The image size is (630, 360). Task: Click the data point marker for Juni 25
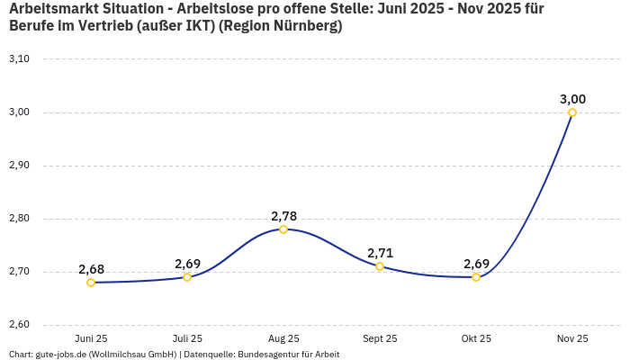(x=91, y=283)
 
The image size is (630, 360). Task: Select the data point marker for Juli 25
(x=187, y=277)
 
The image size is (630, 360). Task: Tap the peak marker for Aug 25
(x=283, y=229)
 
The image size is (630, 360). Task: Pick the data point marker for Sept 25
(x=380, y=266)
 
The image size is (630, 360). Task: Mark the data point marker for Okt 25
(x=476, y=277)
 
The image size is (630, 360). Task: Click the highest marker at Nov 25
(x=572, y=112)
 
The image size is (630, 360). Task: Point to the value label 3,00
(x=572, y=99)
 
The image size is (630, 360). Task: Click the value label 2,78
(x=283, y=216)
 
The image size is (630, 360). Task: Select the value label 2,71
(x=380, y=253)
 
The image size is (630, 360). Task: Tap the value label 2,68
(x=91, y=269)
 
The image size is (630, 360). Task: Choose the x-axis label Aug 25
(x=283, y=338)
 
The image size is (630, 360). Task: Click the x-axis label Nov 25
(x=572, y=338)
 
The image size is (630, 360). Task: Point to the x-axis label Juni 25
(x=91, y=338)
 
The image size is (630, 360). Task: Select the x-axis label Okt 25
(x=476, y=338)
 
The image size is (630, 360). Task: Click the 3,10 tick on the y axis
(x=19, y=59)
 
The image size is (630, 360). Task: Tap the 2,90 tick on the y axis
(x=19, y=166)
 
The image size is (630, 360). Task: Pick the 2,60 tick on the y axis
(x=19, y=325)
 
